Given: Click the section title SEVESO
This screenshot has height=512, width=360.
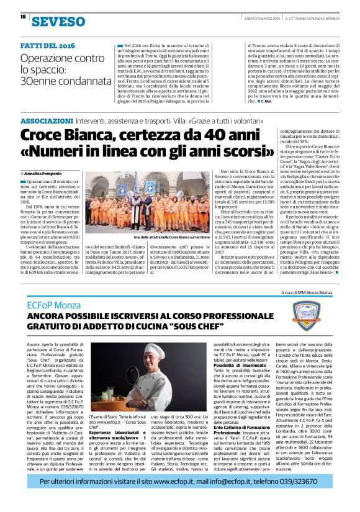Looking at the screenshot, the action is coord(58,22).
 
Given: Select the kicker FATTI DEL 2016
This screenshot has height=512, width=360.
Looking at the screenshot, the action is coord(47,46).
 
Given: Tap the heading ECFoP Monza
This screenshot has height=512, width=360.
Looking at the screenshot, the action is coord(55,307).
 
